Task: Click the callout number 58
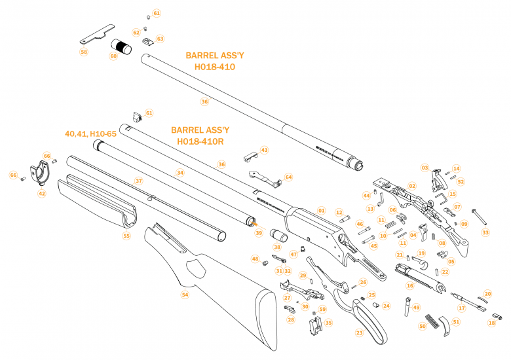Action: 84,52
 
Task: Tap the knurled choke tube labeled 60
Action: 122,46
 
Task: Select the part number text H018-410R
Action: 200,141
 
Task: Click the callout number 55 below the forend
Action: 126,236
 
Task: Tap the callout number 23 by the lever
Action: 359,333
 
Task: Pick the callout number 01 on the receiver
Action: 322,211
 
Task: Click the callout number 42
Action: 42,193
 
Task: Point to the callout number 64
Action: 288,177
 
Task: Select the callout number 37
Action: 138,180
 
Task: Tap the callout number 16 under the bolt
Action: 410,285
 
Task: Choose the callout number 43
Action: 264,150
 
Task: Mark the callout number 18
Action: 491,322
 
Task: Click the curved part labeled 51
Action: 445,325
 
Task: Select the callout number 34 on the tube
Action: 180,173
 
